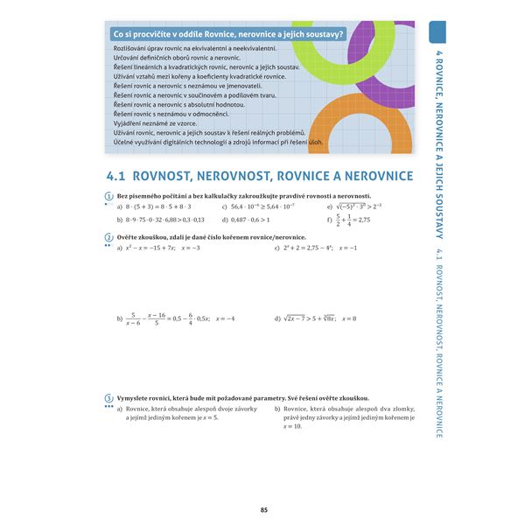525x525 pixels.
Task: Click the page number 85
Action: tap(264, 511)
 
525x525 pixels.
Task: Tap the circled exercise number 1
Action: tap(108, 196)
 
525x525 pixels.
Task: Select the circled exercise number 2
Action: tap(108, 237)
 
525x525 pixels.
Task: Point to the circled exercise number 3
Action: tap(108, 397)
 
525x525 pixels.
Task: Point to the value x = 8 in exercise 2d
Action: tap(349, 318)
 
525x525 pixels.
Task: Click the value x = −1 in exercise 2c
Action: tap(348, 248)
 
